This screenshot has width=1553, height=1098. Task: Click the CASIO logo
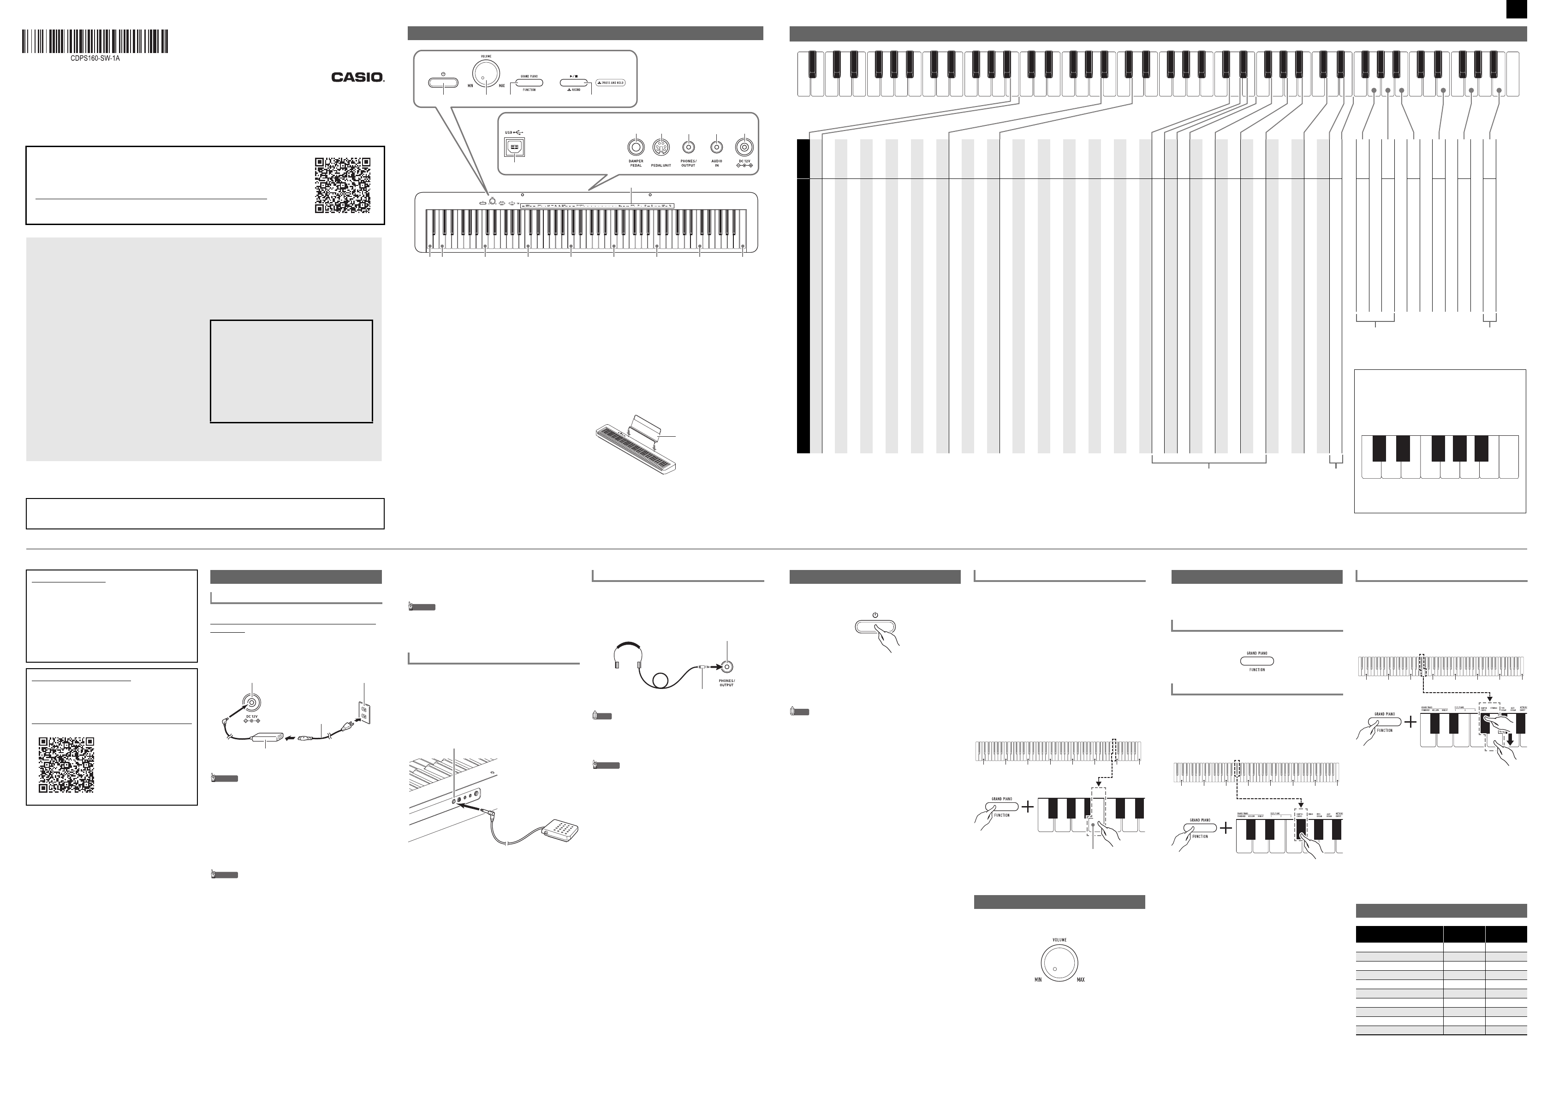pos(357,77)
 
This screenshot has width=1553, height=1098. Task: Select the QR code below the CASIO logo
pos(342,185)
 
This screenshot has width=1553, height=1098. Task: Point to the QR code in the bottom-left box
pos(66,765)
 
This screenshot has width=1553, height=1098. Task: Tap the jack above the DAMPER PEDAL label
pos(635,147)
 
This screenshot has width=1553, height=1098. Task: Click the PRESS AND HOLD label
pos(611,83)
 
